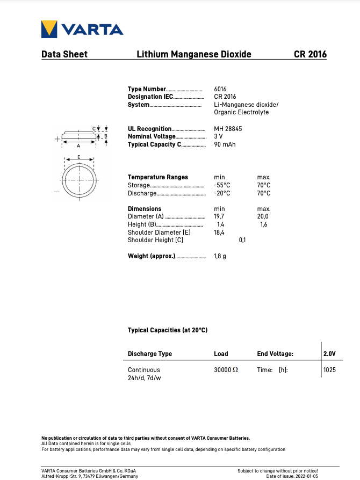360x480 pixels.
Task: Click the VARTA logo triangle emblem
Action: (x=49, y=29)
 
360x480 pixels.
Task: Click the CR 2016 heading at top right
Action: (x=310, y=54)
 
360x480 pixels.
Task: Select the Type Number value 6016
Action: (x=220, y=89)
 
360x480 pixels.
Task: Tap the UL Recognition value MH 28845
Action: (x=228, y=129)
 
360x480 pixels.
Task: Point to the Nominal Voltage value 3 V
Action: (x=218, y=136)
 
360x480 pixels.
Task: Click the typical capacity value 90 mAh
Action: (x=225, y=144)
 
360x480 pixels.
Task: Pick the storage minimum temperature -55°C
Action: (x=222, y=185)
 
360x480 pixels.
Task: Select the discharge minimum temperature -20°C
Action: (x=222, y=193)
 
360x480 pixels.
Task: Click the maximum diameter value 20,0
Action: (x=263, y=217)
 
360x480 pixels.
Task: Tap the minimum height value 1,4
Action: (x=220, y=224)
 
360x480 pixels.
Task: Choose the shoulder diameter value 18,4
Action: (x=219, y=232)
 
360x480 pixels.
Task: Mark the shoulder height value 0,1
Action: (x=242, y=240)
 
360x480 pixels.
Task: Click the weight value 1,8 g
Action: (x=220, y=256)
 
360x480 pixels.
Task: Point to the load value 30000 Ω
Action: (x=226, y=370)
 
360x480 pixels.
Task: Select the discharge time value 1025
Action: (x=329, y=370)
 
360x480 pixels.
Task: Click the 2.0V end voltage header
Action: (x=329, y=354)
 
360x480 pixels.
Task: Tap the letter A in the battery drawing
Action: (x=78, y=146)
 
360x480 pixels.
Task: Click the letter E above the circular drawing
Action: (x=79, y=157)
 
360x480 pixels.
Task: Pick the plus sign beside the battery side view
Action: (x=57, y=139)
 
